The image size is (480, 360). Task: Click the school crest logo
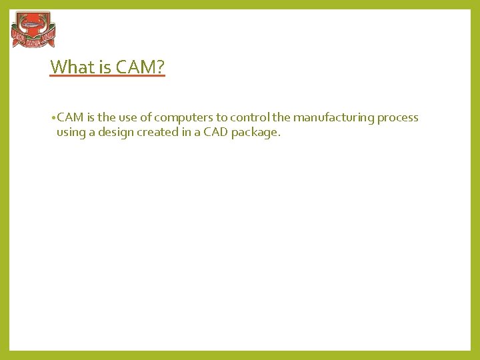(x=33, y=31)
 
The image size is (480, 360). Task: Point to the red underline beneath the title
(x=107, y=77)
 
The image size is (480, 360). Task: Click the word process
(x=398, y=118)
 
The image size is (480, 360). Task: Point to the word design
(x=117, y=132)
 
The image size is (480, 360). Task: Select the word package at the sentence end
(x=255, y=132)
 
